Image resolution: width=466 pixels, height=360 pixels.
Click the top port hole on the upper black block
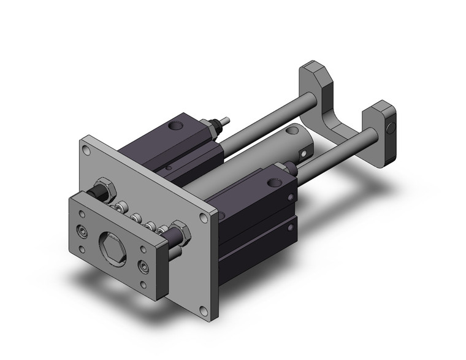[x=178, y=127]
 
